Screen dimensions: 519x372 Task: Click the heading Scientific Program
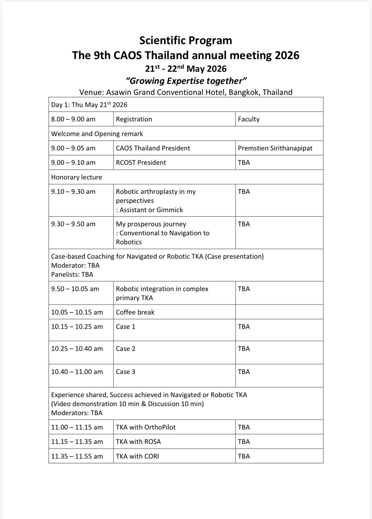point(186,41)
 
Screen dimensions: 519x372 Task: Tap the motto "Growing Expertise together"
point(186,81)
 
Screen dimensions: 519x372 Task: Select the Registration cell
point(134,119)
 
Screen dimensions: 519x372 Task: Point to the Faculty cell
point(249,119)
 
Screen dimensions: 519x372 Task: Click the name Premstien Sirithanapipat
point(275,148)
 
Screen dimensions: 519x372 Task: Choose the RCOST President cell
point(141,163)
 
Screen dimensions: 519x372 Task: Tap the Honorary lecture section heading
point(77,177)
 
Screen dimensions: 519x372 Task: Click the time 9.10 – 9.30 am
point(73,192)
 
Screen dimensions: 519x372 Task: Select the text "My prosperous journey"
point(151,224)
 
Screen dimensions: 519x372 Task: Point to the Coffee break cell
point(135,312)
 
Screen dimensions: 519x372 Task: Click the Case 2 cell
point(125,349)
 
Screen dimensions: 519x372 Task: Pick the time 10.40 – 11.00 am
point(77,372)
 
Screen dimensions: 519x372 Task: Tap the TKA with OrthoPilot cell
point(146,427)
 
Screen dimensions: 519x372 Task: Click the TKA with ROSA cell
point(138,442)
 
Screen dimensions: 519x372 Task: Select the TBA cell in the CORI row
point(244,456)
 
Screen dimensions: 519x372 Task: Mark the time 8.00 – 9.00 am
point(73,119)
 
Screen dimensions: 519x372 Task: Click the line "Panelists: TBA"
point(72,275)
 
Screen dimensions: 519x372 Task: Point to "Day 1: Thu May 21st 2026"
point(89,105)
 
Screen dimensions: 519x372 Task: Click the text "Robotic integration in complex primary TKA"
point(162,293)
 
